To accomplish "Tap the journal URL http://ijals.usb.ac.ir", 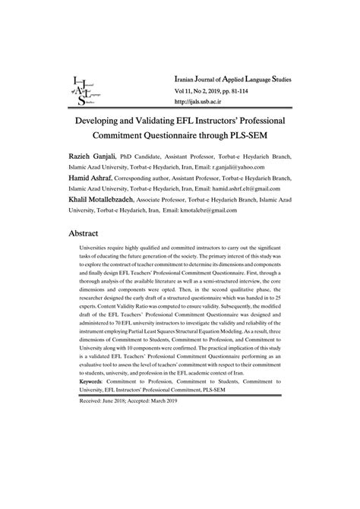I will tap(201, 102).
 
